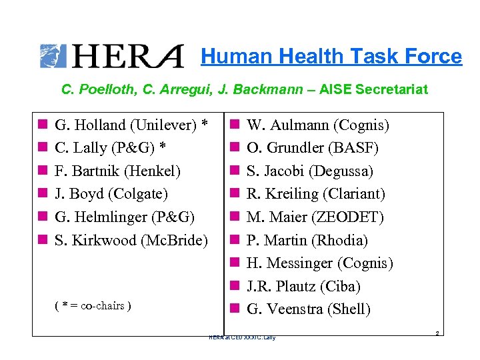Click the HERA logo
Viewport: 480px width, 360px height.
pos(112,56)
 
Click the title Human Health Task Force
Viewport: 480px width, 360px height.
pos(331,57)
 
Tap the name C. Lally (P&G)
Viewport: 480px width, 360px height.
pos(115,147)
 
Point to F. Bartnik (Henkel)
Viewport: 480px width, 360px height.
pos(117,171)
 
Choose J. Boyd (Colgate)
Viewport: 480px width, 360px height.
pos(111,194)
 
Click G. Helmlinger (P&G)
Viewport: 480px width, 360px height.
pos(125,217)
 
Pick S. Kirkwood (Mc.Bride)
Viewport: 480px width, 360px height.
pos(131,240)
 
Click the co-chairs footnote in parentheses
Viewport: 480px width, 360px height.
pos(92,305)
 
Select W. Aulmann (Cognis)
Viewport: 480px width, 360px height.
pos(318,125)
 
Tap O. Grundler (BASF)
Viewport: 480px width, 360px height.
pos(313,147)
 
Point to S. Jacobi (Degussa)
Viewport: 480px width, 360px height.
pos(310,171)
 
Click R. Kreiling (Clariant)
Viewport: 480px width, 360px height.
pos(316,194)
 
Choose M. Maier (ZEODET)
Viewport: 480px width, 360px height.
pos(315,217)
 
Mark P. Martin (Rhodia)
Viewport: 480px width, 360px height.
pos(307,240)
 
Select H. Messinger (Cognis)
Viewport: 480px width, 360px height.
pos(320,263)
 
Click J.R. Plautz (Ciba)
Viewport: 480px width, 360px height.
pos(303,286)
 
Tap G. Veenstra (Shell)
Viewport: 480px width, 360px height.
pos(309,309)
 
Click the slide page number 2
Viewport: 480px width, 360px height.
pos(436,331)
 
